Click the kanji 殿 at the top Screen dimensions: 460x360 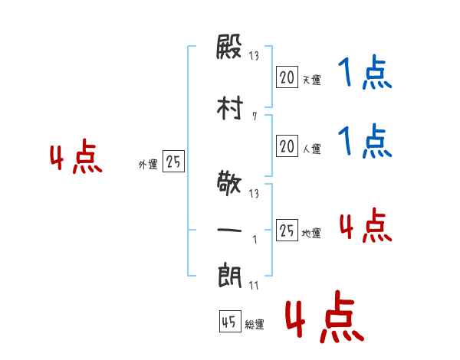pyautogui.click(x=228, y=47)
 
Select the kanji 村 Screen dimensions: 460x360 pyautogui.click(x=230, y=108)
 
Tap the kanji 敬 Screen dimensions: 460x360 pyautogui.click(x=229, y=183)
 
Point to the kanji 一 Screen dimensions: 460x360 pyautogui.click(x=229, y=231)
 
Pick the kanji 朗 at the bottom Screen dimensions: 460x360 pyautogui.click(x=230, y=277)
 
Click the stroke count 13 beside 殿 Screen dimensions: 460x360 pyautogui.click(x=254, y=55)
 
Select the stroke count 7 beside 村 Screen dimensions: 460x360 pyautogui.click(x=255, y=116)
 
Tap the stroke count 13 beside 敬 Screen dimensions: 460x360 pyautogui.click(x=254, y=194)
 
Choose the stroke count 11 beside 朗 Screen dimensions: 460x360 pyautogui.click(x=254, y=285)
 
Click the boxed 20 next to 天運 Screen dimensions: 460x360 pyautogui.click(x=287, y=77)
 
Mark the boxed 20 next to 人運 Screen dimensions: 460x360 pyautogui.click(x=287, y=146)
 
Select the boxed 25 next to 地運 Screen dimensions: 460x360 pyautogui.click(x=287, y=230)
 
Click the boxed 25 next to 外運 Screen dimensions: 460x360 pyautogui.click(x=173, y=162)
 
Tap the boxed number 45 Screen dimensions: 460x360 pyautogui.click(x=230, y=322)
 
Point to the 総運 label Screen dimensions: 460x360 pyautogui.click(x=255, y=325)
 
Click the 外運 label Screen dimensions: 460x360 pyautogui.click(x=148, y=165)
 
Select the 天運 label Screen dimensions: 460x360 pyautogui.click(x=311, y=80)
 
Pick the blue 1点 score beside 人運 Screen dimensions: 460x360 pyautogui.click(x=365, y=141)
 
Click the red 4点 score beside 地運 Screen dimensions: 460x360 pyautogui.click(x=366, y=225)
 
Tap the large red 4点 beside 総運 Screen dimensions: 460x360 pyautogui.click(x=325, y=316)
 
